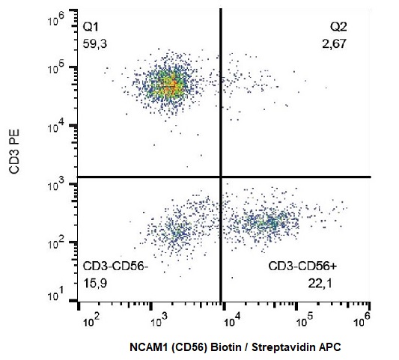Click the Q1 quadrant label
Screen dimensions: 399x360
(x=91, y=27)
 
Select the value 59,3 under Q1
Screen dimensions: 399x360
(x=95, y=44)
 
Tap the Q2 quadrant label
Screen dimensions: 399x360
(x=338, y=27)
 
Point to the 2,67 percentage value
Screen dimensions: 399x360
(x=334, y=44)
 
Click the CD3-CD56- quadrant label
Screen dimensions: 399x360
(x=116, y=266)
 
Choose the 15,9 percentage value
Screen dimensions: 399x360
(x=95, y=283)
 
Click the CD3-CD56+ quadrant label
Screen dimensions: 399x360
(x=302, y=266)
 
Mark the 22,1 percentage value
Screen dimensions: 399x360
(x=320, y=283)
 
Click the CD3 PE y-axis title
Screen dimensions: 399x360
(x=14, y=151)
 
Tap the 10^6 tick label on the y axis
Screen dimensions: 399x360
(x=55, y=19)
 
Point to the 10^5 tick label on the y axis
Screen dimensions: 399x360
(x=55, y=69)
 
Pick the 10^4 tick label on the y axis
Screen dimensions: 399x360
(x=55, y=126)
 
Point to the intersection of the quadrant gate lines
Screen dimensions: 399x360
(x=221, y=177)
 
